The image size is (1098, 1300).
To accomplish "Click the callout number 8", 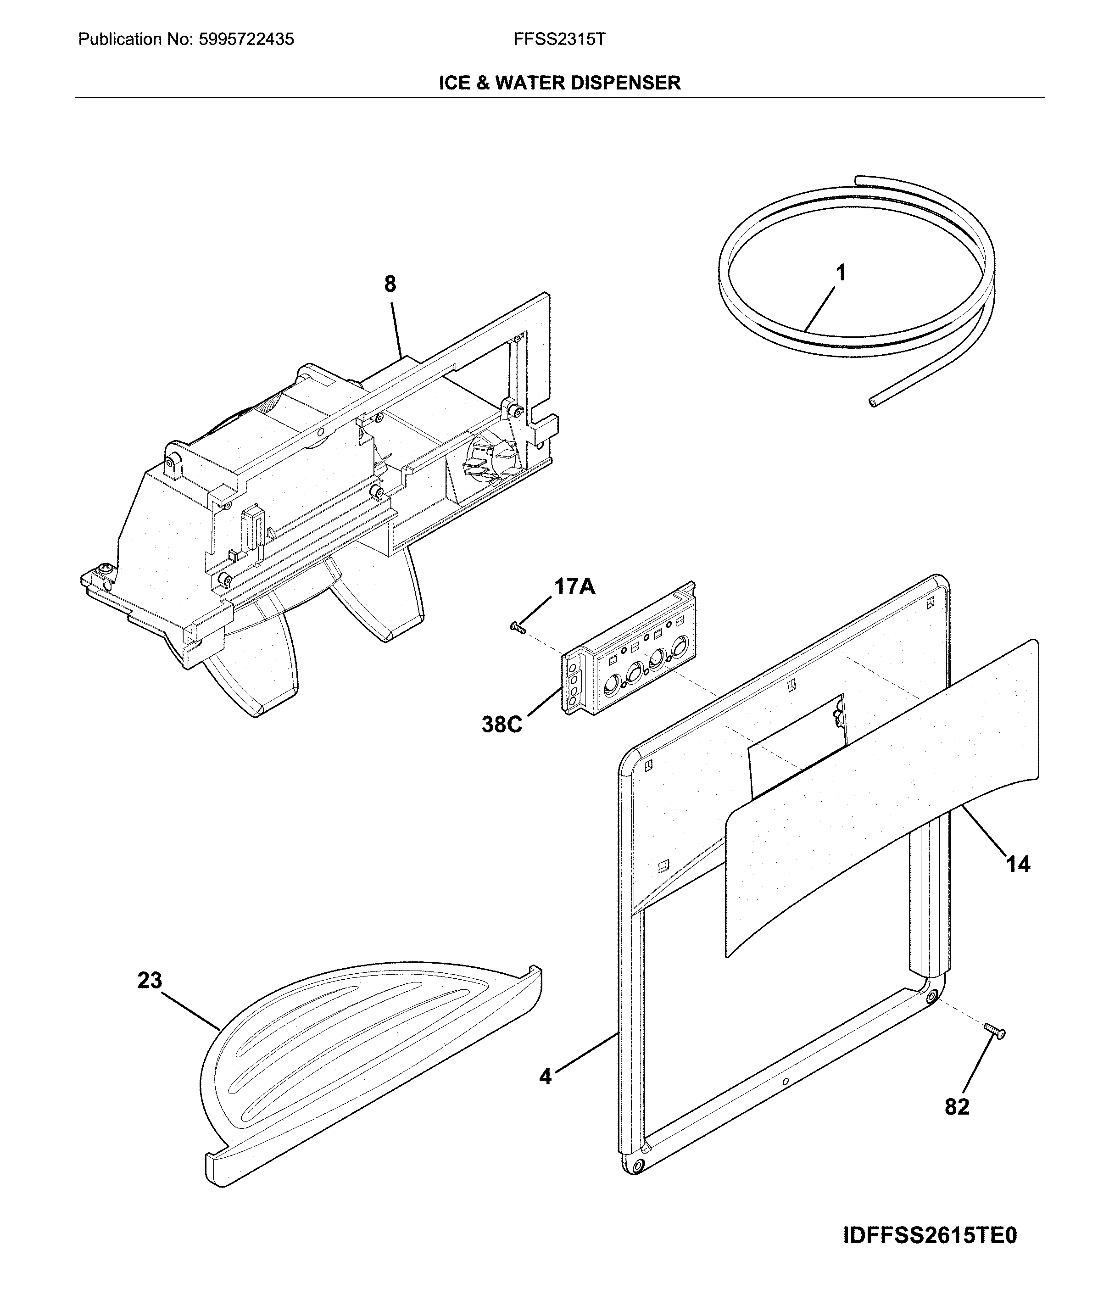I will [390, 285].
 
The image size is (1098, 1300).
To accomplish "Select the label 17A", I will [574, 586].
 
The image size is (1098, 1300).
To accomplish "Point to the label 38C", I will [502, 725].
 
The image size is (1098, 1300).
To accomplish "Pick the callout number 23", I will [150, 981].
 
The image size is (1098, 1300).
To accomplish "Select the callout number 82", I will [957, 1106].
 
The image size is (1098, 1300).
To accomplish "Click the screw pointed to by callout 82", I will [995, 1032].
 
